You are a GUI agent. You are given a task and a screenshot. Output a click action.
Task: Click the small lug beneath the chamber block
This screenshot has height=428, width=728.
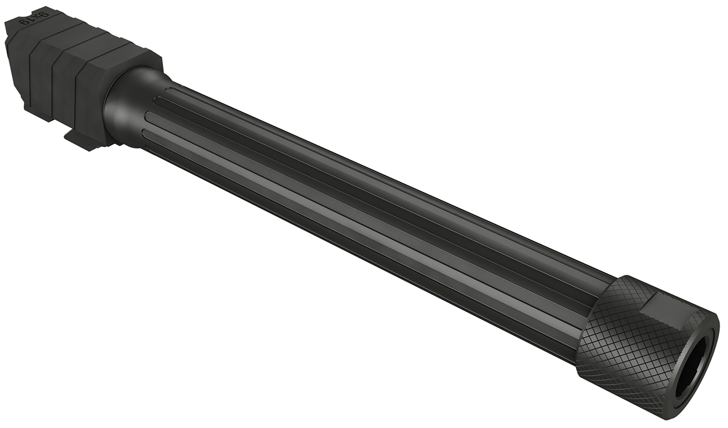[x=78, y=141]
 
